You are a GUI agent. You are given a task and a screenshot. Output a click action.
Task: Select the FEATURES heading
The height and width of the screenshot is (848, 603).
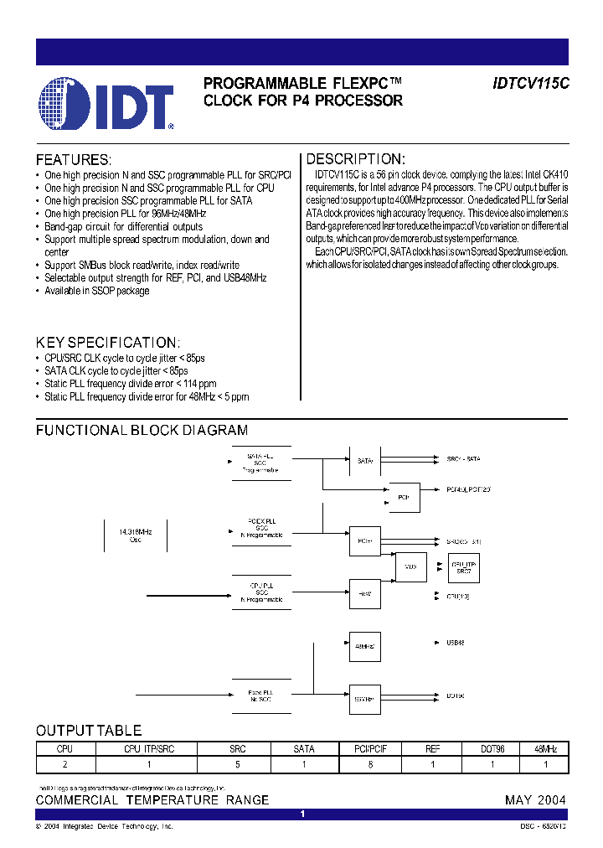click(x=73, y=160)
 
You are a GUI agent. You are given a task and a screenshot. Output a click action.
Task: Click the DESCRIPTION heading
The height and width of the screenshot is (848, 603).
click(x=356, y=159)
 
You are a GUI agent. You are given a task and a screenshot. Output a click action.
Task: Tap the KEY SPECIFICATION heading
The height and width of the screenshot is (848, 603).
click(x=107, y=343)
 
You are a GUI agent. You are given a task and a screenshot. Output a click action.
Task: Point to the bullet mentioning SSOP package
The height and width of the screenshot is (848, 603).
click(x=96, y=291)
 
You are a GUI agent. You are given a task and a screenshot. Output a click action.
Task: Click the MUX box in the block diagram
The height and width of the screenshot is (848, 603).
click(x=410, y=566)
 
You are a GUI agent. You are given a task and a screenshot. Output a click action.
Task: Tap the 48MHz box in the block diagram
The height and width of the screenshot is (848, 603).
click(x=364, y=646)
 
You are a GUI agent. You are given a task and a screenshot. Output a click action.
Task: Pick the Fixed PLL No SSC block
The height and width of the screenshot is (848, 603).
click(x=261, y=696)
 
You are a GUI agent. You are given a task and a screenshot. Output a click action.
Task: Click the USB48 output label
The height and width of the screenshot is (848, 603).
click(x=456, y=643)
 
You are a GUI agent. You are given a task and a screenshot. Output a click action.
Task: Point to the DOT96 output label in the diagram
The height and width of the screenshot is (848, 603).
click(x=456, y=695)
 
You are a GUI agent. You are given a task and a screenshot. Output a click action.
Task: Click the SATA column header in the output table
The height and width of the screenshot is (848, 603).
click(x=304, y=748)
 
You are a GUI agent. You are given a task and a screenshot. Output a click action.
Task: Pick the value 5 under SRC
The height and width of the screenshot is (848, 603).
click(x=238, y=763)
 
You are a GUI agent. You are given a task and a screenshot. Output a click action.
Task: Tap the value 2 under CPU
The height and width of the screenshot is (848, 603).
click(x=65, y=763)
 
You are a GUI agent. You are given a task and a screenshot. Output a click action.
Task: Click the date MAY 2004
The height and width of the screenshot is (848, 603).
click(x=535, y=799)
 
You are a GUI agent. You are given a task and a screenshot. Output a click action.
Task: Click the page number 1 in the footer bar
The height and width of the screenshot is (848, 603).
click(x=302, y=814)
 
